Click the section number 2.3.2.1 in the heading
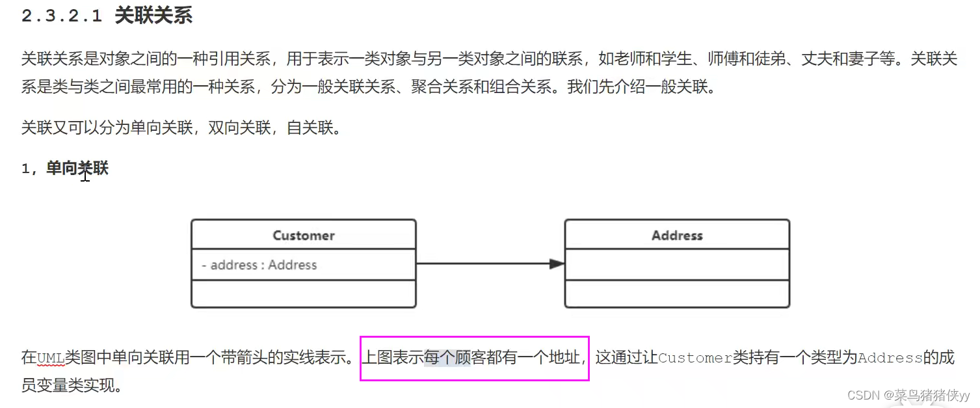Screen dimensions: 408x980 point(62,16)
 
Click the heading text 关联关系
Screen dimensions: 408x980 point(153,16)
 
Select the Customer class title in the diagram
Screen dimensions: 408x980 point(304,235)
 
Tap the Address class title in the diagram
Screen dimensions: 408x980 point(677,235)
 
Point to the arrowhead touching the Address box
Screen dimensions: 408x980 point(557,264)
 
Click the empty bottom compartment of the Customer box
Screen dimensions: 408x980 point(304,293)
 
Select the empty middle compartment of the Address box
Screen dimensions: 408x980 point(677,264)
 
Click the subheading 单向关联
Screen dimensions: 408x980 point(77,169)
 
